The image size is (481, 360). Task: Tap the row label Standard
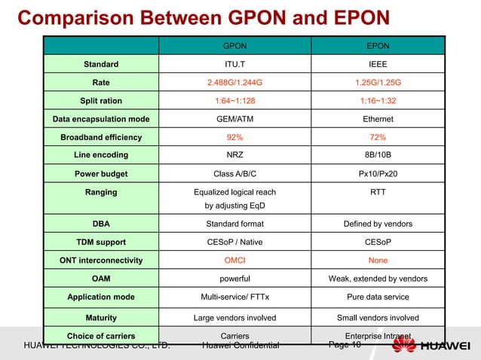point(100,64)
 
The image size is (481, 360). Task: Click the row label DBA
point(100,224)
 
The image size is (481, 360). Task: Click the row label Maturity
point(100,317)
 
